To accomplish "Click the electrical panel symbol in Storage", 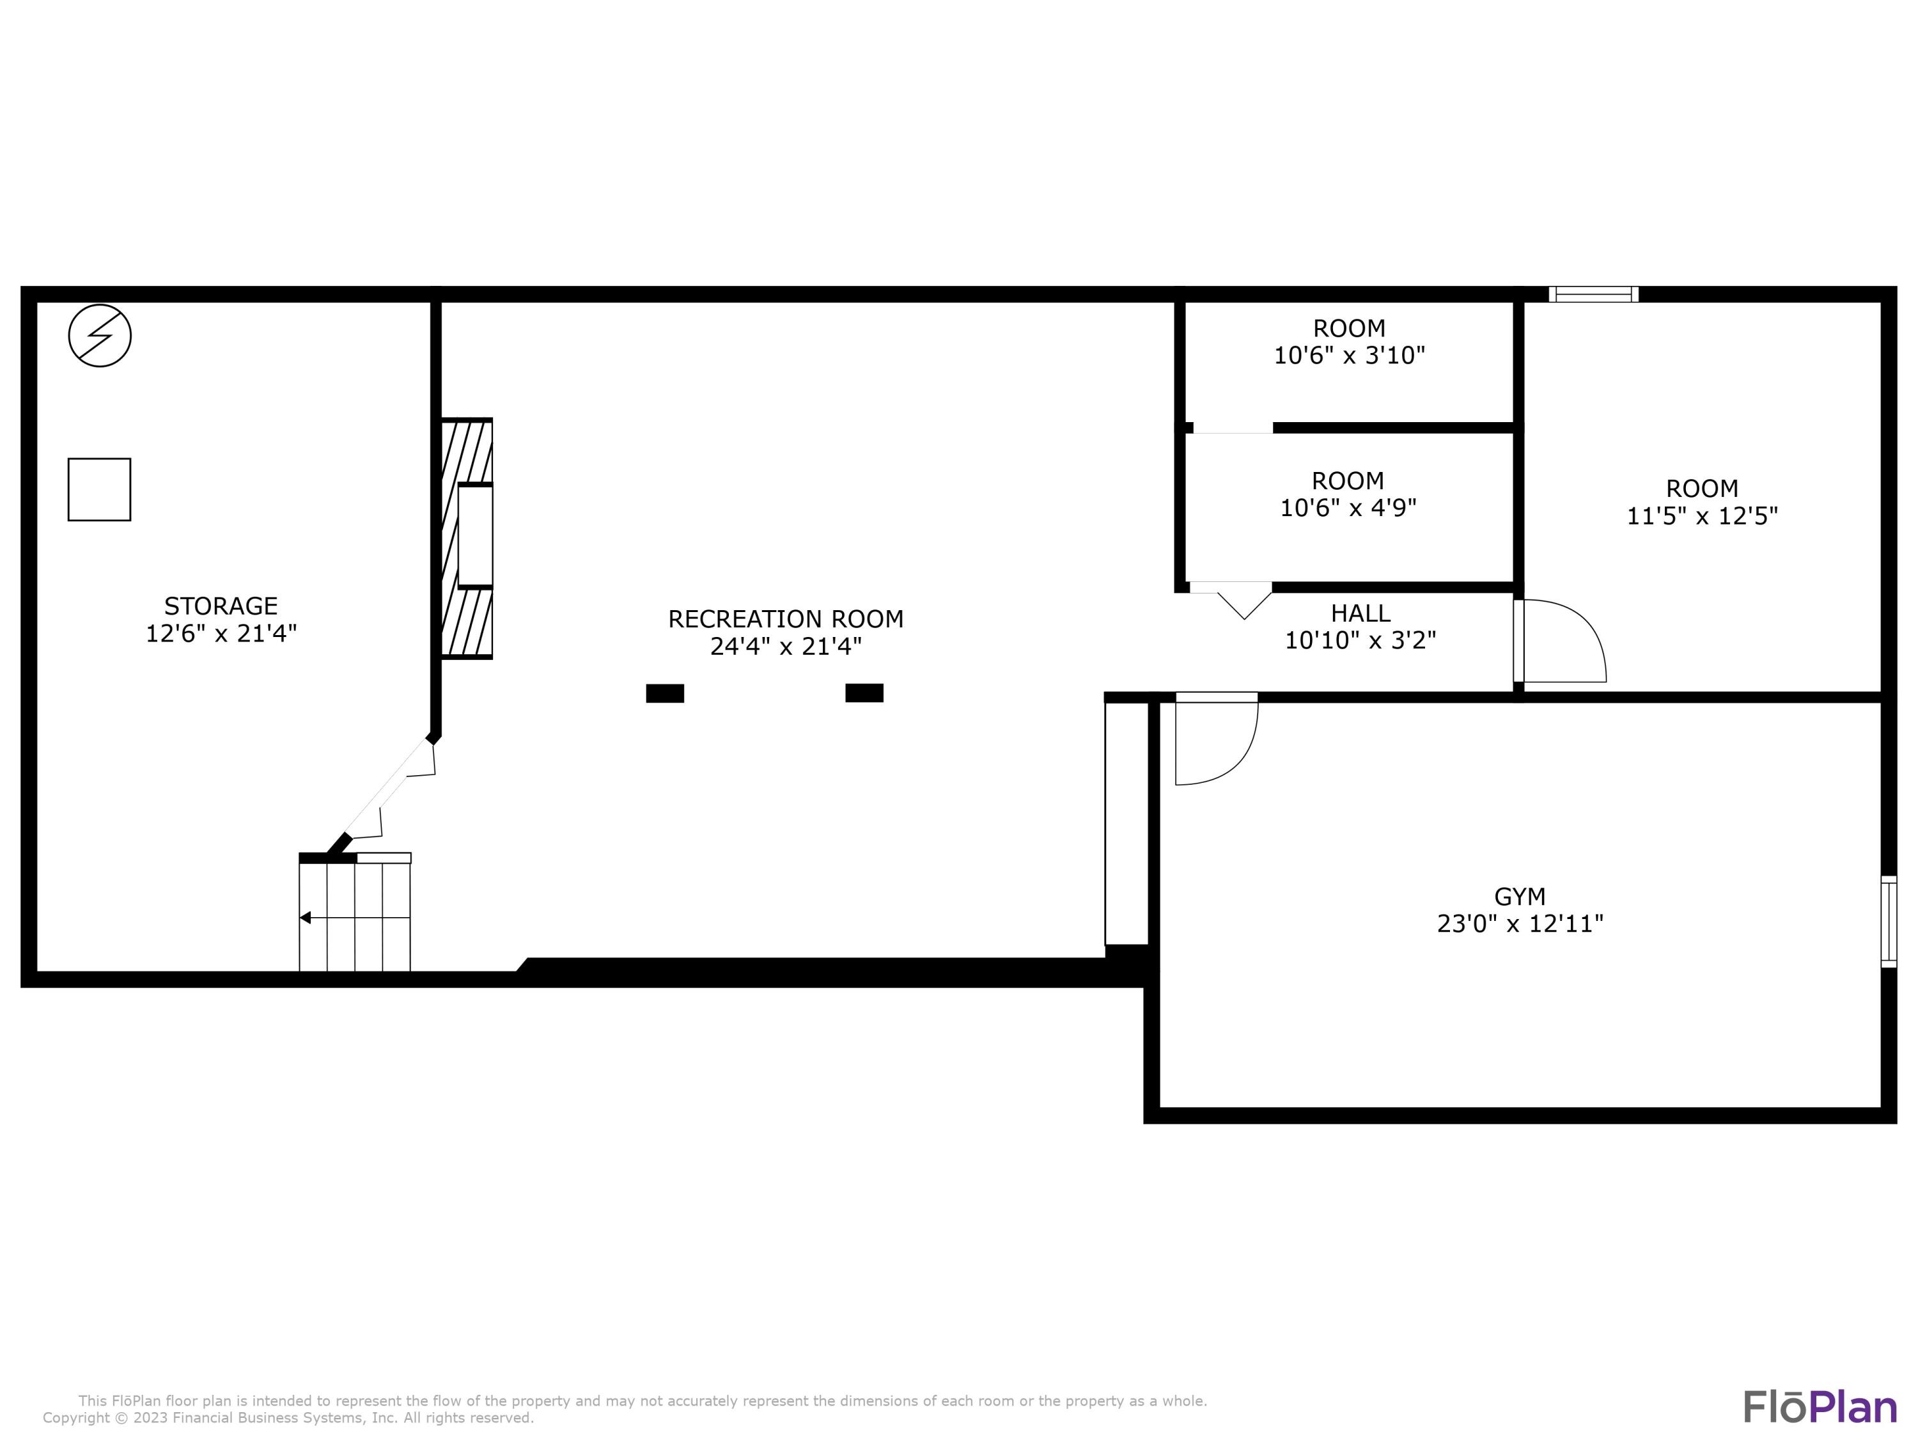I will click(100, 335).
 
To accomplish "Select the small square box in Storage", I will click(100, 489).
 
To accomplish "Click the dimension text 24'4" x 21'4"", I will click(786, 646).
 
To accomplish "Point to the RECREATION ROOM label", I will click(786, 618).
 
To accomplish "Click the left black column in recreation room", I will click(665, 693).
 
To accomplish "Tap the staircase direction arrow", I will click(305, 918).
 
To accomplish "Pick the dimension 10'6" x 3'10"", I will click(1349, 356).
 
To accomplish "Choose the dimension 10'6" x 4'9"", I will click(1348, 507).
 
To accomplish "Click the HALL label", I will click(1361, 613).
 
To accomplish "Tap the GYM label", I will click(1519, 896).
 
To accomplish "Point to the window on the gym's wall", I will click(1889, 921).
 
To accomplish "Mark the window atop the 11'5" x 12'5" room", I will click(1594, 294).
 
